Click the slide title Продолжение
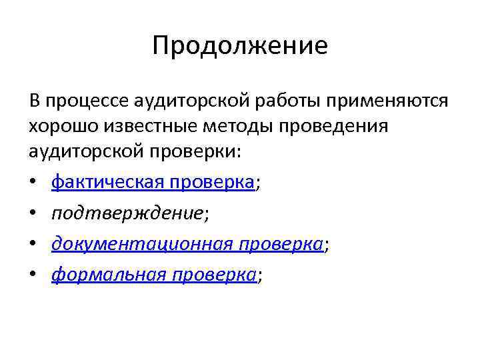click(x=240, y=46)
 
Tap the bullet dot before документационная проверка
click(x=33, y=245)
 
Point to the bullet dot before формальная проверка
click(x=33, y=276)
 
